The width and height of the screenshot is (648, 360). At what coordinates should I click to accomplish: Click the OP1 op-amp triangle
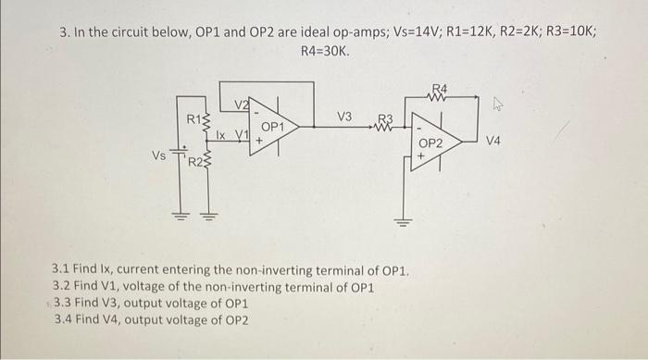click(271, 128)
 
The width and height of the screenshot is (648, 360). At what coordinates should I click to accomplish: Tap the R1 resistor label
click(193, 118)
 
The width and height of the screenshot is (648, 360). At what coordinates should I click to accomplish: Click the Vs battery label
click(159, 156)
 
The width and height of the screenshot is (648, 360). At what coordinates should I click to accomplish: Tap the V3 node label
click(343, 117)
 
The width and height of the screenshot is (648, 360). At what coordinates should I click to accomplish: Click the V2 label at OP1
click(241, 104)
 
